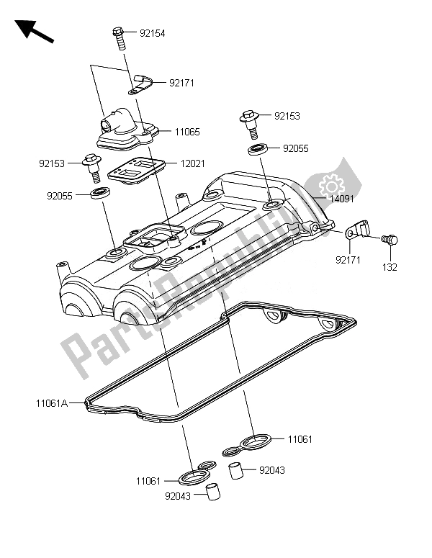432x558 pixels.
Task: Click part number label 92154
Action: point(152,33)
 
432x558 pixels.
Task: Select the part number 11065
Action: point(186,132)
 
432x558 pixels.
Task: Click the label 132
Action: point(390,267)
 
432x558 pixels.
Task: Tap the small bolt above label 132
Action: point(390,239)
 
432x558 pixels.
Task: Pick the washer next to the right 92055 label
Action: point(258,149)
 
